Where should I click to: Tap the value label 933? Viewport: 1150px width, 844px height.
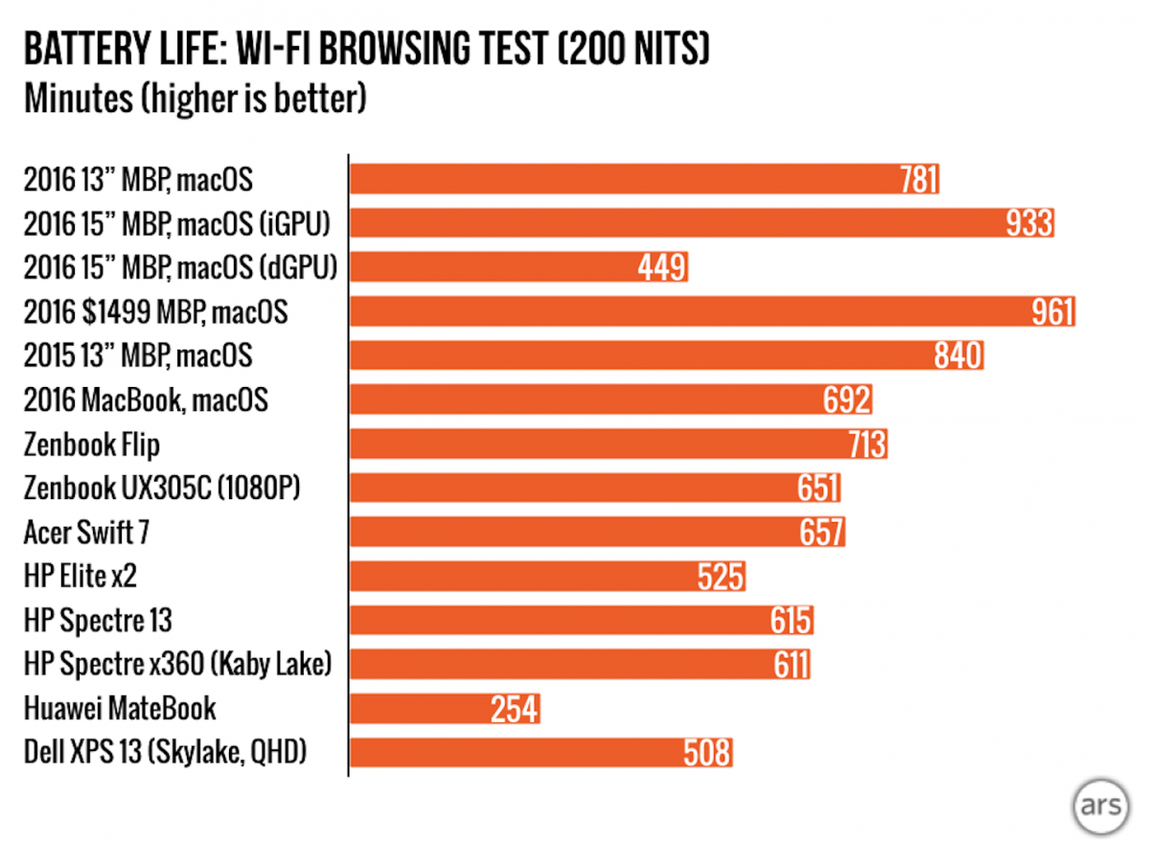(x=1029, y=223)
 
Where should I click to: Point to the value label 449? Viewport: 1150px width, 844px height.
(x=662, y=267)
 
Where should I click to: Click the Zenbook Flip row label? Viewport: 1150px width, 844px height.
(x=92, y=445)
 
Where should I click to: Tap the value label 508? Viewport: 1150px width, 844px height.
(x=707, y=754)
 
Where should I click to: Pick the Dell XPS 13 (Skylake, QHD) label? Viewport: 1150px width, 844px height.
(x=165, y=753)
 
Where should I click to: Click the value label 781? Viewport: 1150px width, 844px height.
(x=918, y=179)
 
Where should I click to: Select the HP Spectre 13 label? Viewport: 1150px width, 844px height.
(x=98, y=620)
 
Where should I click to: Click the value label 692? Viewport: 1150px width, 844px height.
(x=847, y=400)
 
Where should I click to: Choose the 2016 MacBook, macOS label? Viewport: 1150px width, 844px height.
(x=146, y=399)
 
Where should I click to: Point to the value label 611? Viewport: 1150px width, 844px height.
(x=791, y=665)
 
